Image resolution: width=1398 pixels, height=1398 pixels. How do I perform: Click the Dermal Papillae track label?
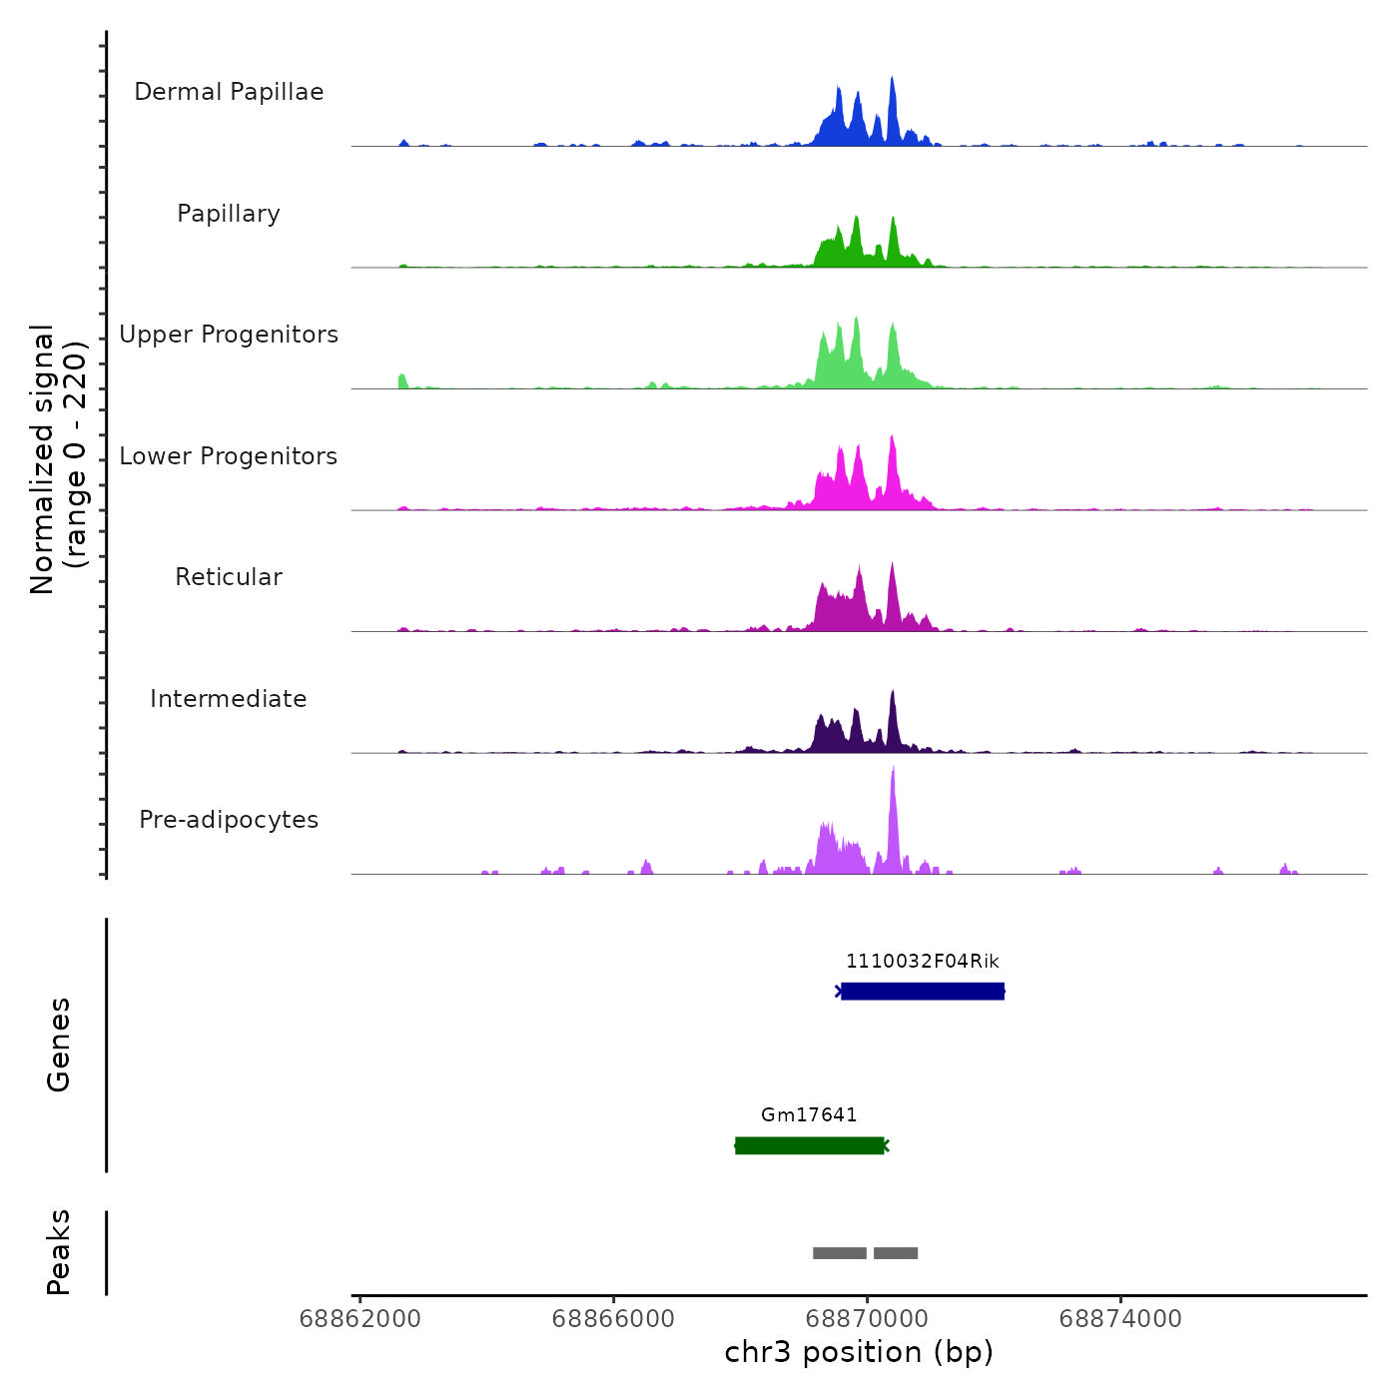pos(229,92)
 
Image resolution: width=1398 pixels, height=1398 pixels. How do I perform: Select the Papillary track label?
pos(229,214)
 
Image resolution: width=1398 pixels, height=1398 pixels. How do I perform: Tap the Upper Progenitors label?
pos(229,335)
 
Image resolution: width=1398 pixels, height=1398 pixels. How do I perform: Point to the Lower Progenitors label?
pos(229,456)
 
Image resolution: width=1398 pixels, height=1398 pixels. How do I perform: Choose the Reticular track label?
pos(229,577)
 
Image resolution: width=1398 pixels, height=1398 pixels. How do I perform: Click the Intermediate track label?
pos(229,699)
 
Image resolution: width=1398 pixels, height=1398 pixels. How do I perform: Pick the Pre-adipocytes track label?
pos(229,820)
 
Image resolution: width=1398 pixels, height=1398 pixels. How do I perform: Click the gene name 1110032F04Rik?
pos(922,962)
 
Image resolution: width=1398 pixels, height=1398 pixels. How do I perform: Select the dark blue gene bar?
pos(922,992)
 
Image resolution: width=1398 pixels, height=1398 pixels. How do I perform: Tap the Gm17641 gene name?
pos(809,1115)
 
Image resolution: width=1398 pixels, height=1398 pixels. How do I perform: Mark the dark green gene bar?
pos(809,1145)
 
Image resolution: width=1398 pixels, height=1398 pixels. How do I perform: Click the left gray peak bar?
pos(839,1253)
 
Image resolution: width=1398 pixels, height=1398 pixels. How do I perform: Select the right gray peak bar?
pos(896,1253)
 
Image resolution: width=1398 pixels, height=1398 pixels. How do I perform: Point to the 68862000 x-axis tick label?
pos(359,1319)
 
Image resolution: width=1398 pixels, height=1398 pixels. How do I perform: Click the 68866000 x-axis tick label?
pos(613,1319)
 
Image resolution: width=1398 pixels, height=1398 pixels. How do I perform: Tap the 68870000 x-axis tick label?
pos(867,1319)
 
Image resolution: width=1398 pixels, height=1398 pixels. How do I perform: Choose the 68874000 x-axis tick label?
pos(1120,1319)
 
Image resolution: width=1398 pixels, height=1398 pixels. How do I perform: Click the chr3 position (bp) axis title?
pos(859,1353)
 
